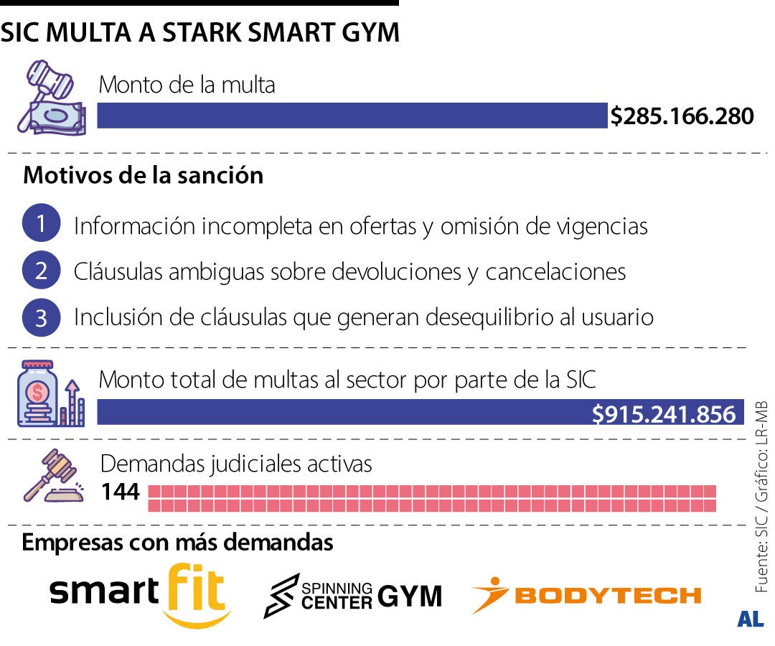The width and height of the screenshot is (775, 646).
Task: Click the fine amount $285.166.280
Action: coord(682,116)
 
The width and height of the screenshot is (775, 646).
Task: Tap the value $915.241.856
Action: coord(664,414)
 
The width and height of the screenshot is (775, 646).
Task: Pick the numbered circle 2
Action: coord(41,271)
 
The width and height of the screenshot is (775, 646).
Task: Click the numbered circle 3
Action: coord(41,317)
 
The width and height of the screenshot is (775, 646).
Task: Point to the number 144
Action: coord(120,493)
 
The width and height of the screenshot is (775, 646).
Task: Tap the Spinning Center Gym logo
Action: coord(352,595)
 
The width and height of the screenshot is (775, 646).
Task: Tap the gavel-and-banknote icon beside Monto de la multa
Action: coord(51,96)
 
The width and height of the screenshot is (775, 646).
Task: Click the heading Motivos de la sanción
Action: coord(144,175)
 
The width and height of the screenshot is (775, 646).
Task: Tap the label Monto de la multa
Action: coord(187,85)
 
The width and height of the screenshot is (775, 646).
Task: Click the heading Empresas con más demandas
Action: coord(177,543)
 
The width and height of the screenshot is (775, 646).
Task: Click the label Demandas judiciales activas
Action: coord(236,464)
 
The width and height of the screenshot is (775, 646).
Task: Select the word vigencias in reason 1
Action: coord(602,226)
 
